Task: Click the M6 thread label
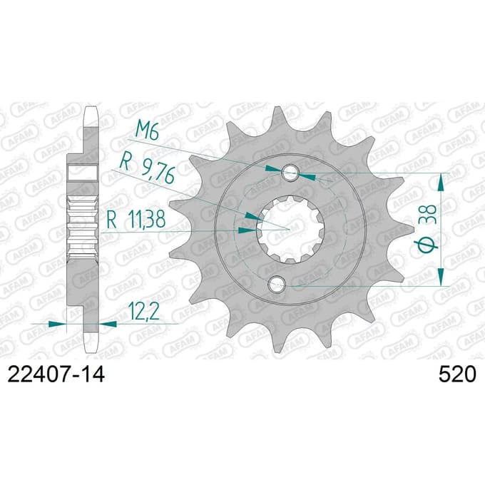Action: click(148, 131)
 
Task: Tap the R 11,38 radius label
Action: click(136, 219)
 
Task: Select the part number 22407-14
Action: click(56, 374)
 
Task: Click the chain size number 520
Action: click(456, 374)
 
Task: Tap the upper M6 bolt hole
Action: click(290, 173)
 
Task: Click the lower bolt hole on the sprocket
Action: click(277, 284)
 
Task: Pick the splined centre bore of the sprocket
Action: click(290, 230)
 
